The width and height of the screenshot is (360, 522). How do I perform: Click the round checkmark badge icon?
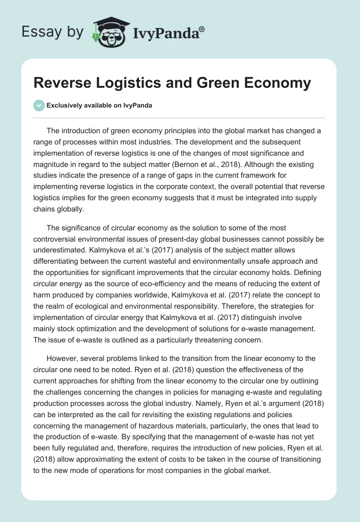(x=40, y=105)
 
